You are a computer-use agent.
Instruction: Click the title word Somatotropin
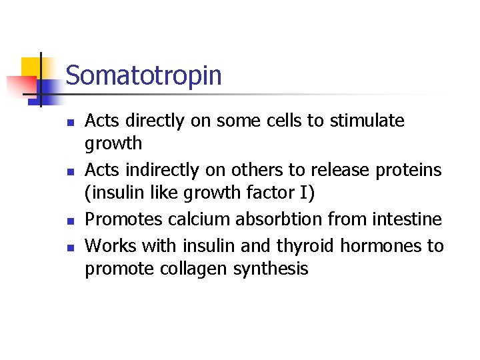(x=143, y=75)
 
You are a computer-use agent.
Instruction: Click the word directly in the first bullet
(x=147, y=121)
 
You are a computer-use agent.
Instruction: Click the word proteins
(x=409, y=170)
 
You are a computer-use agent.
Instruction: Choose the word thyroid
(x=304, y=245)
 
